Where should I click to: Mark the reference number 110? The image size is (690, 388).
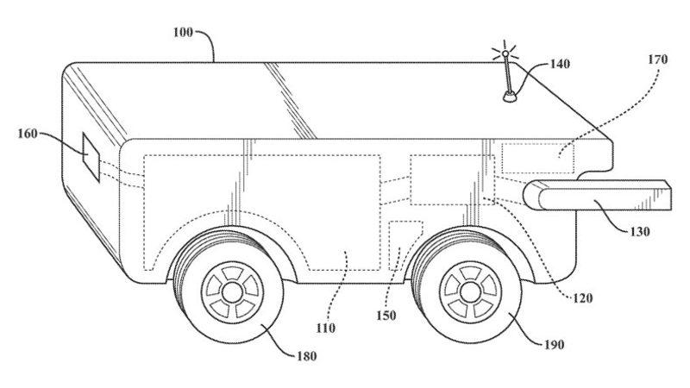pyautogui.click(x=325, y=328)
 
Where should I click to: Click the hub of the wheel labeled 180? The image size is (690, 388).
pyautogui.click(x=233, y=290)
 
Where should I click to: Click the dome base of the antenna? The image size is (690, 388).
pyautogui.click(x=511, y=97)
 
